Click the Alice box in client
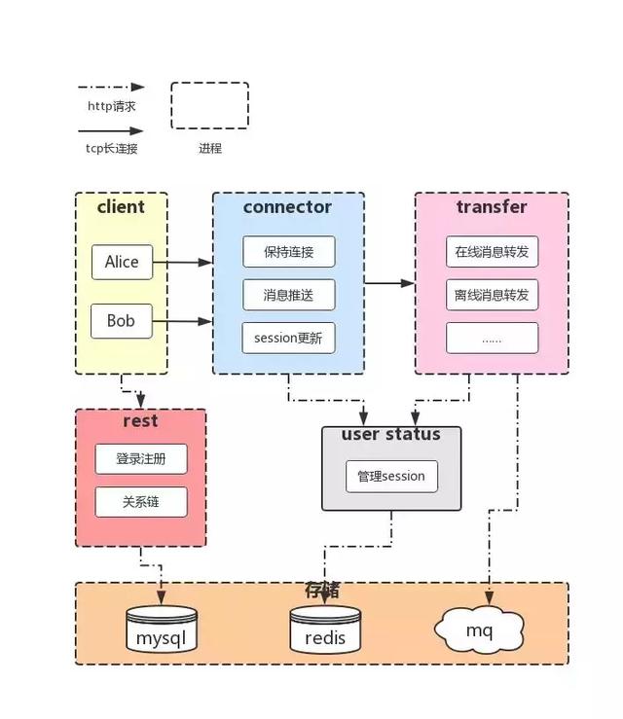pos(122,262)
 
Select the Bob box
pos(122,321)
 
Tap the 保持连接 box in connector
pos(288,251)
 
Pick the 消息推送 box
pos(288,294)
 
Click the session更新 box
pos(288,338)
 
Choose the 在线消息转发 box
pos(492,251)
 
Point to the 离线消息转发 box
pos(492,294)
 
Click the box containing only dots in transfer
pos(492,338)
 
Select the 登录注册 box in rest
pos(141,458)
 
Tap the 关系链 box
pos(141,502)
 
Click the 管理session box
pos(391,476)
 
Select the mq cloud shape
pos(480,629)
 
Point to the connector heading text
pos(287,207)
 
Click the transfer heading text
pos(492,207)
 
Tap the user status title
pos(390,434)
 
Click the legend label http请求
pos(111,106)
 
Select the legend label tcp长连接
pos(111,148)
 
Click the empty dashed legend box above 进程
pos(209,106)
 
